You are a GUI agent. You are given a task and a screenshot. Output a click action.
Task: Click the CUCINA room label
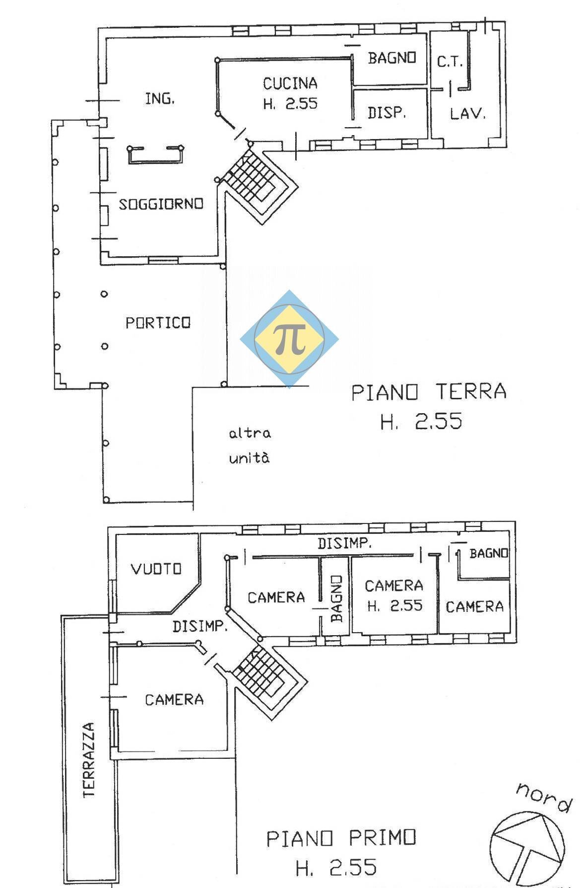[290, 83]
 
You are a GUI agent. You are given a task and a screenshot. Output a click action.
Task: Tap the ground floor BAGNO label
[391, 58]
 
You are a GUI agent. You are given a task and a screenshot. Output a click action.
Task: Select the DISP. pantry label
[387, 113]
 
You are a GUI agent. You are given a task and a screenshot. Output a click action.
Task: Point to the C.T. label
[450, 62]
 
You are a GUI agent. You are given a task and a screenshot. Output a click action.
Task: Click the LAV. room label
[467, 114]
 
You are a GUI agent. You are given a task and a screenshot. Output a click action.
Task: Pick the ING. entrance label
[160, 99]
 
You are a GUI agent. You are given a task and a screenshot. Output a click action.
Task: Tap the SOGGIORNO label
[161, 204]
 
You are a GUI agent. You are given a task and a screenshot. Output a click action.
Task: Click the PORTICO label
[158, 323]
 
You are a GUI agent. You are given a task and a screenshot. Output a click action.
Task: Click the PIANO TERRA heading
[429, 392]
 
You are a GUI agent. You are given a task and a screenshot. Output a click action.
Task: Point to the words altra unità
[250, 445]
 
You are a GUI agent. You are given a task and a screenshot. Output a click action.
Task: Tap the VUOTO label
[156, 569]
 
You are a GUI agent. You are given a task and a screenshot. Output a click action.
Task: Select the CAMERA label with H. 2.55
[394, 586]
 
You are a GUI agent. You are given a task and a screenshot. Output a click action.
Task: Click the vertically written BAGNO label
[337, 598]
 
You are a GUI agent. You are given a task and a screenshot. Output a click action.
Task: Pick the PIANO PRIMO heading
[341, 838]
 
